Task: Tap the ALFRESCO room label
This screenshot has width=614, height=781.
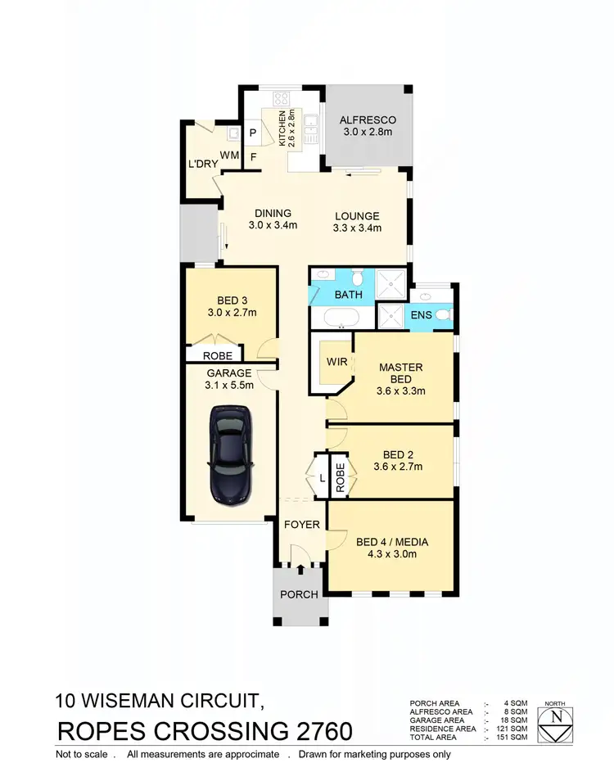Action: pos(367,120)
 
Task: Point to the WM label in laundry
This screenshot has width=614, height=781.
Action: pos(229,155)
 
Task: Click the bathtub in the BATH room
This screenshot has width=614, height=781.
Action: pos(338,317)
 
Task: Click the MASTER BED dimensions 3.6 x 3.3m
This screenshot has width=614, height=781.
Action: pos(400,390)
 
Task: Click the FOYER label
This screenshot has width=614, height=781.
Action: pos(302,524)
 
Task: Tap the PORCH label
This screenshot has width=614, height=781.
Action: pos(299,594)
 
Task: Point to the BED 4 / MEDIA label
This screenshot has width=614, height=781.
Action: pos(392,541)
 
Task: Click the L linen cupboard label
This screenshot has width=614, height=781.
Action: pos(323,476)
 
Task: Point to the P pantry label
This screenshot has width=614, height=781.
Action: pos(252,133)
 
